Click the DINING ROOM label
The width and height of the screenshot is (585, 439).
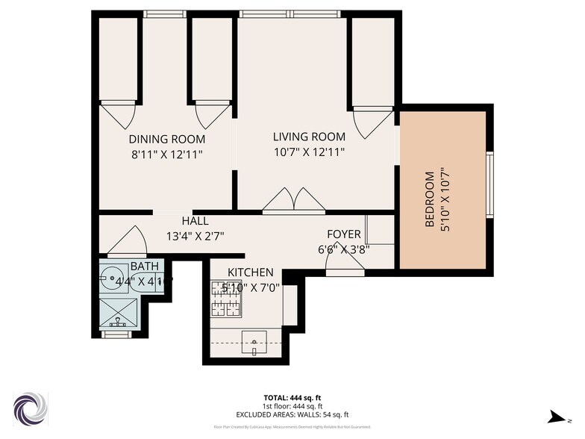pyautogui.click(x=166, y=139)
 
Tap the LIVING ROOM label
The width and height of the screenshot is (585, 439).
pyautogui.click(x=309, y=137)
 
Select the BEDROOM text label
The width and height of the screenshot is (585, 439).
pyautogui.click(x=430, y=199)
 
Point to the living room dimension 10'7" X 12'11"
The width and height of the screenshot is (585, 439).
pyautogui.click(x=309, y=152)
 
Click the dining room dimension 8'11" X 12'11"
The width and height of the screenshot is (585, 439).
pyautogui.click(x=166, y=154)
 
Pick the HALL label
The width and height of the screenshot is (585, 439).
pyautogui.click(x=195, y=221)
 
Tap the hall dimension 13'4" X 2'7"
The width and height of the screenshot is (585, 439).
pyautogui.click(x=195, y=236)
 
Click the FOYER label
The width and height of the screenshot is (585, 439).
pyautogui.click(x=344, y=234)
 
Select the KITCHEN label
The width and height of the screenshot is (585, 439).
pyautogui.click(x=250, y=273)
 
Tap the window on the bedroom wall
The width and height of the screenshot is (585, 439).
pyautogui.click(x=489, y=184)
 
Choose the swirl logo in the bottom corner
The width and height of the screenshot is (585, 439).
pyautogui.click(x=31, y=408)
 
